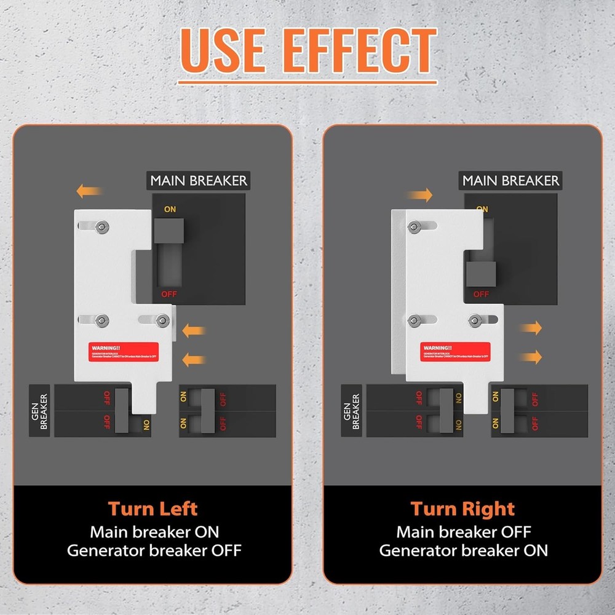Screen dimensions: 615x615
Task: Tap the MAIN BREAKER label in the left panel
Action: pyautogui.click(x=199, y=181)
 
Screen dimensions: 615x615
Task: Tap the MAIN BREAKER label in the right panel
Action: pyautogui.click(x=510, y=181)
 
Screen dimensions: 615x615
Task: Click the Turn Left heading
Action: pyautogui.click(x=153, y=509)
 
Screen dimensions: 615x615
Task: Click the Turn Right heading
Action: pyautogui.click(x=462, y=509)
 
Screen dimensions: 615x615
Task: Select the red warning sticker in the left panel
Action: pyautogui.click(x=123, y=351)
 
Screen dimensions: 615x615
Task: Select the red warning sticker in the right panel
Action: pyautogui.click(x=456, y=351)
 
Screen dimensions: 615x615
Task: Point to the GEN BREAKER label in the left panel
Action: pyautogui.click(x=40, y=411)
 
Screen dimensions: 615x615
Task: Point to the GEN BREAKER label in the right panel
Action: pyautogui.click(x=352, y=411)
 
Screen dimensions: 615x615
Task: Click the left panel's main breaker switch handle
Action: pyautogui.click(x=169, y=230)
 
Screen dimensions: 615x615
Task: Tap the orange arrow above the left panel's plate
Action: pyautogui.click(x=89, y=191)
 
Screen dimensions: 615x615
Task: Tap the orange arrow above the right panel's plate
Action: pyautogui.click(x=419, y=196)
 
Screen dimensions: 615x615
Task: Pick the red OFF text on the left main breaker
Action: pyautogui.click(x=169, y=294)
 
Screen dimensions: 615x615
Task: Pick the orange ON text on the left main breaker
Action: pyautogui.click(x=170, y=209)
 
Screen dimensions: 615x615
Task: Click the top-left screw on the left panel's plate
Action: pyautogui.click(x=100, y=226)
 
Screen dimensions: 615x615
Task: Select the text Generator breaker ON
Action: pyautogui.click(x=462, y=550)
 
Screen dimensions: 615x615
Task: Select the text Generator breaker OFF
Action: pyautogui.click(x=154, y=550)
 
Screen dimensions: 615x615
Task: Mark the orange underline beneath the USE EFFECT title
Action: pyautogui.click(x=307, y=82)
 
